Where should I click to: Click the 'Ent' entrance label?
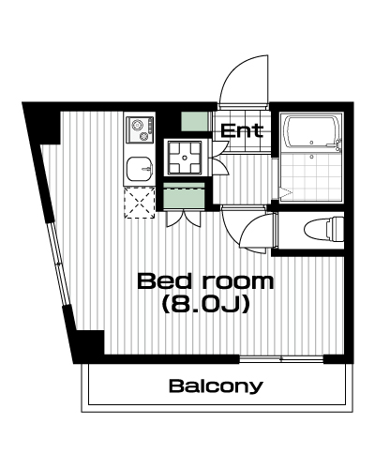242,130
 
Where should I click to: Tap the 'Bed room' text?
205,280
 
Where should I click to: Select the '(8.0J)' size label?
205,304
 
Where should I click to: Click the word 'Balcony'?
216,386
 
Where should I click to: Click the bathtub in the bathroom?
312,133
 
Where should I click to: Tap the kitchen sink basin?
140,169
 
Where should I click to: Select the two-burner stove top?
140,129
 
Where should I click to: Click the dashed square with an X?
140,203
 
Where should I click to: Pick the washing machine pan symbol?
185,158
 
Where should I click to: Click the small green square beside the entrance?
194,121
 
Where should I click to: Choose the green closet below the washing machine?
184,196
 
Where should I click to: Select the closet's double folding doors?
184,219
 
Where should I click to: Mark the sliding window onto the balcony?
281,359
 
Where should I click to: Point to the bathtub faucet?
337,145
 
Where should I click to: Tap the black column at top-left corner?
42,124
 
